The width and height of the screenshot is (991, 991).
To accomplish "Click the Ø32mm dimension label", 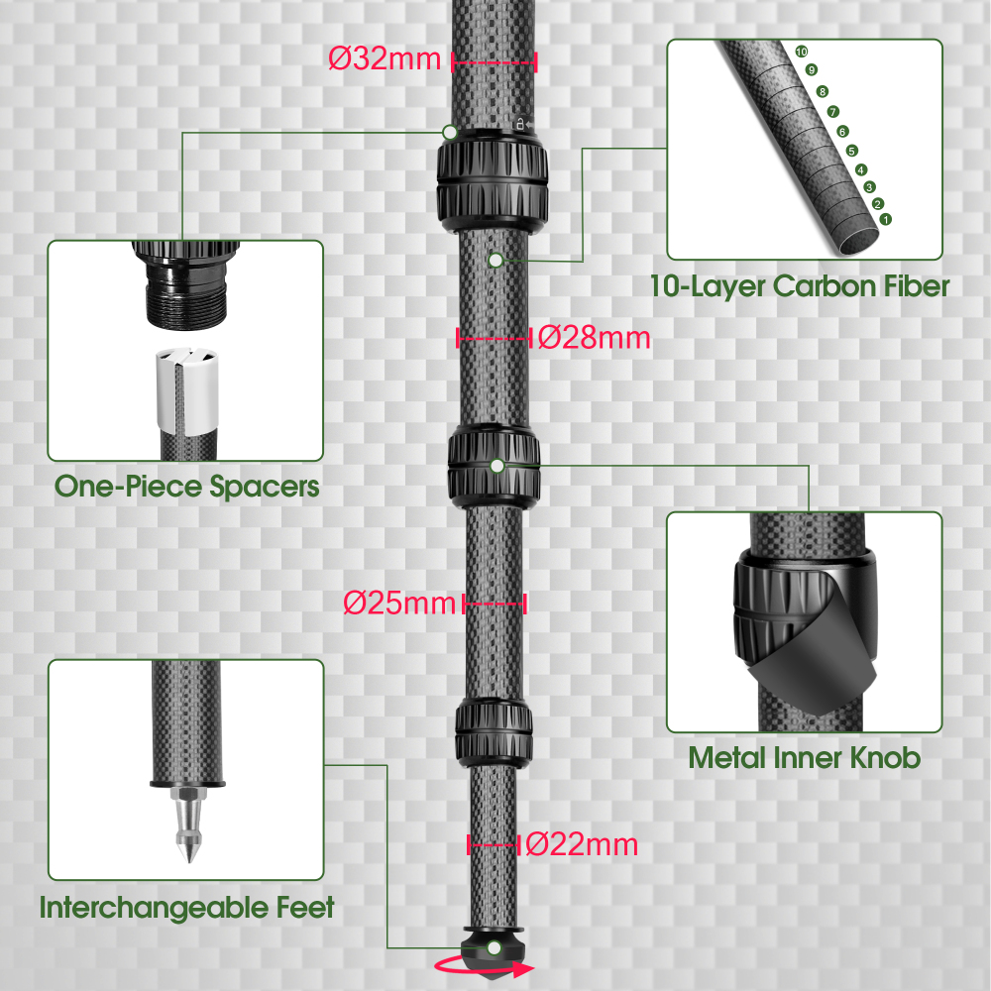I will point(384,58).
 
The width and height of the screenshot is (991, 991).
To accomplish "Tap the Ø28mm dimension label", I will point(595,338).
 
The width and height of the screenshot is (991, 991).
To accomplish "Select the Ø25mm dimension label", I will point(400,603).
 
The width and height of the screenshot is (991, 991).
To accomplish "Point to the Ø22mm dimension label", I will point(582,845).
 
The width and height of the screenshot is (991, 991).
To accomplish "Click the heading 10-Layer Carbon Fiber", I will point(800,286).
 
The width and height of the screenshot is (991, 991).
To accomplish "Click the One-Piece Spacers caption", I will point(186,487).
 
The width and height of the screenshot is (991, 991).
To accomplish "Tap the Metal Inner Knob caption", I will point(804,758).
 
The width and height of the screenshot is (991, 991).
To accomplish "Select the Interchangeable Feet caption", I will point(186,907).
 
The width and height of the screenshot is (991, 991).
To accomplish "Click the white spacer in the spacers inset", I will point(185,385).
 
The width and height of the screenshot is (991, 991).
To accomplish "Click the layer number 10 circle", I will point(802,52).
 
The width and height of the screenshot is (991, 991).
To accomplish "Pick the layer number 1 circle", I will point(885,218).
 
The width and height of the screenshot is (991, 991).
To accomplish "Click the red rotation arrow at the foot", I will point(486,968).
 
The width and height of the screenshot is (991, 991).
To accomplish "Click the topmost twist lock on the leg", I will point(492,183).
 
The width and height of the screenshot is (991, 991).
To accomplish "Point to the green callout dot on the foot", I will point(494,948).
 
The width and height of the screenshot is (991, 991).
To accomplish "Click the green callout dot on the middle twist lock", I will point(496,465).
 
